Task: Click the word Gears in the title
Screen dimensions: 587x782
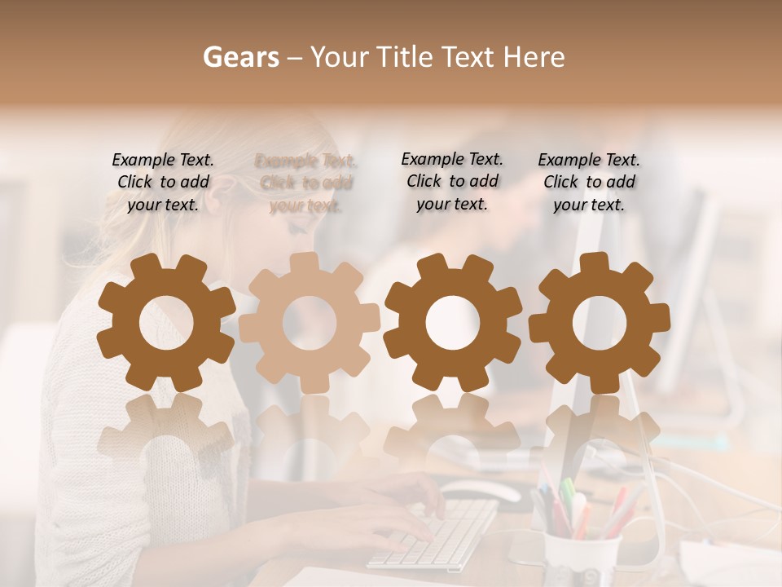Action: [240, 57]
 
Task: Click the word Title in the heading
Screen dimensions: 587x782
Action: [407, 57]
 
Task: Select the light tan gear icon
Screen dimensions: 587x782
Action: [309, 323]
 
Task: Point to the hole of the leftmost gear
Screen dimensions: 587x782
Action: [166, 323]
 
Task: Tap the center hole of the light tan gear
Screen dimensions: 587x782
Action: [309, 323]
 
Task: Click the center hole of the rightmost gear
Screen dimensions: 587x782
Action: [600, 323]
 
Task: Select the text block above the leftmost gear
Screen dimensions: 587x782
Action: [163, 182]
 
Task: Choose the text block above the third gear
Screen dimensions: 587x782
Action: [452, 181]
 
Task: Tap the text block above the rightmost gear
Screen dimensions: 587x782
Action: [589, 182]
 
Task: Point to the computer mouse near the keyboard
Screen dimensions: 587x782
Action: [481, 492]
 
